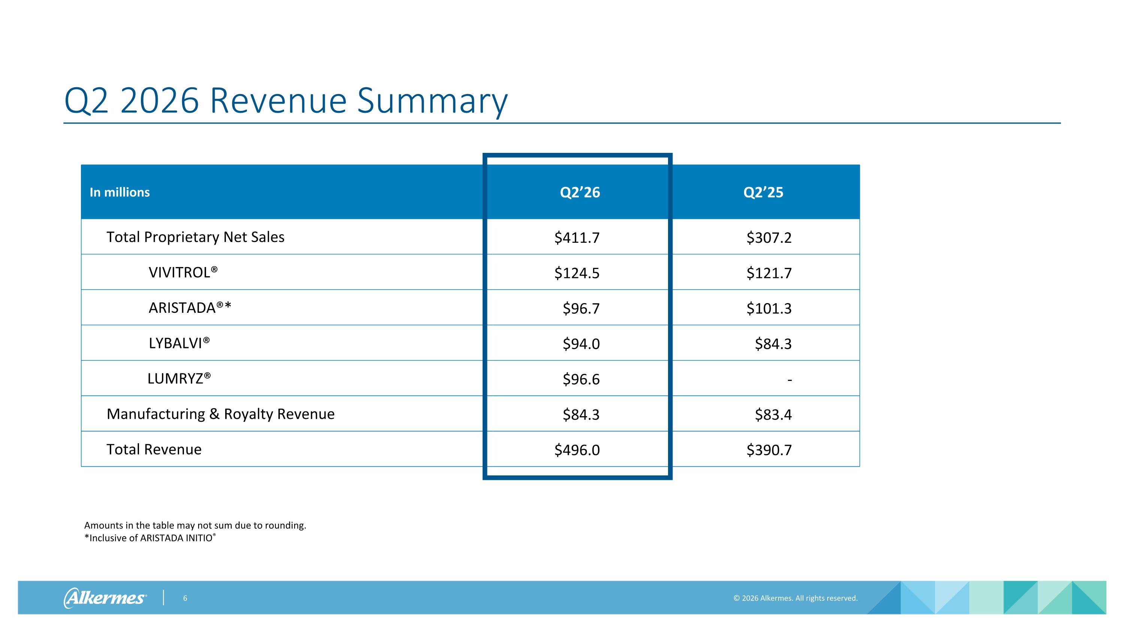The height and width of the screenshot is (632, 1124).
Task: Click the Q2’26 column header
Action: pos(580,192)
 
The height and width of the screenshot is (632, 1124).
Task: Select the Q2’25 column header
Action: pos(763,192)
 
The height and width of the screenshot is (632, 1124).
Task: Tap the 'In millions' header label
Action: pos(120,192)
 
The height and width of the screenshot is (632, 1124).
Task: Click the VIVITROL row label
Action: pos(183,272)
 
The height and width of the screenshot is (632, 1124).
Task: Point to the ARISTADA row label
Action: pos(190,308)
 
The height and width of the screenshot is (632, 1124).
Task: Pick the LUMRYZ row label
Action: pos(179,378)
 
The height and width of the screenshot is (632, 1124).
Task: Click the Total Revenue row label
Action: pos(154,449)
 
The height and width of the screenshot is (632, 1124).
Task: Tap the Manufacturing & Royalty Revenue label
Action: pos(221,414)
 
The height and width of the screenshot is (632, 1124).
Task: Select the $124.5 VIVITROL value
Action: pos(577,273)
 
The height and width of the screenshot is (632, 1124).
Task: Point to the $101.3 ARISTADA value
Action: pos(769,308)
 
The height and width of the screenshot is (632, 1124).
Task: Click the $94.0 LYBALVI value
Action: pos(581,344)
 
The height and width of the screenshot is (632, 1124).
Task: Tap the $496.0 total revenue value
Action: pos(577,450)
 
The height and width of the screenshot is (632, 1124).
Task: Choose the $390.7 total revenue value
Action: pos(769,450)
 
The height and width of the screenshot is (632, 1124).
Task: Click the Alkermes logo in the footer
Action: pos(105,598)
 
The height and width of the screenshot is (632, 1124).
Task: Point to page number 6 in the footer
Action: pos(185,598)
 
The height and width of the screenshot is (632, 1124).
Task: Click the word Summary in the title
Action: pos(432,101)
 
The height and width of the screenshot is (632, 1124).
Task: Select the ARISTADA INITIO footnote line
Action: pos(150,538)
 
